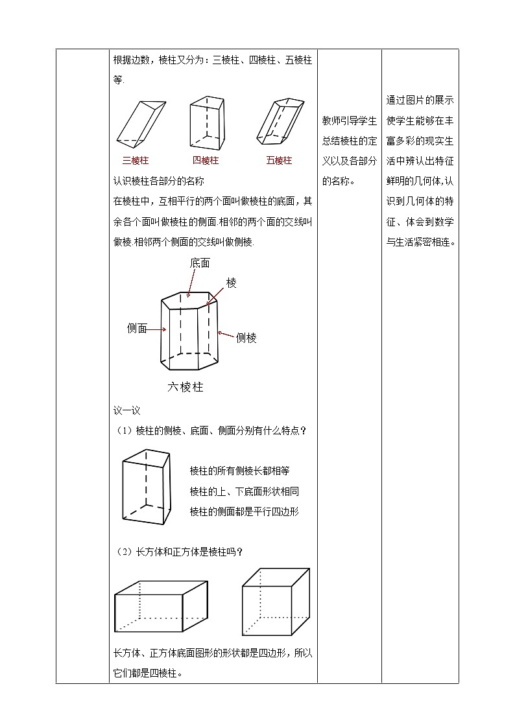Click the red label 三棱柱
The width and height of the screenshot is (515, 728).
tap(136, 161)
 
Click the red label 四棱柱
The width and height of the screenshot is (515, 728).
tap(206, 161)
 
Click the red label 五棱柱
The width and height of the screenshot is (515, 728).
tap(279, 161)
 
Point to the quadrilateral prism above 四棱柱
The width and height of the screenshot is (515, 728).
tap(206, 123)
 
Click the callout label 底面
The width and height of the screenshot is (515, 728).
tap(200, 263)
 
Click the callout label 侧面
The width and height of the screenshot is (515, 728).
tap(138, 329)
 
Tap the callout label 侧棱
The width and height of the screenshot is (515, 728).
tap(246, 338)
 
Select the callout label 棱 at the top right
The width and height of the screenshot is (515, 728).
tap(232, 283)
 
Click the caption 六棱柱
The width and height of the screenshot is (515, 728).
tap(186, 387)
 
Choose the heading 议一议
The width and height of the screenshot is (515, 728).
tap(126, 410)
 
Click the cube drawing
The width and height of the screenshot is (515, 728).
tap(275, 602)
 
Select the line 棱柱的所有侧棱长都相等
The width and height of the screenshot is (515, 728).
tap(239, 471)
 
